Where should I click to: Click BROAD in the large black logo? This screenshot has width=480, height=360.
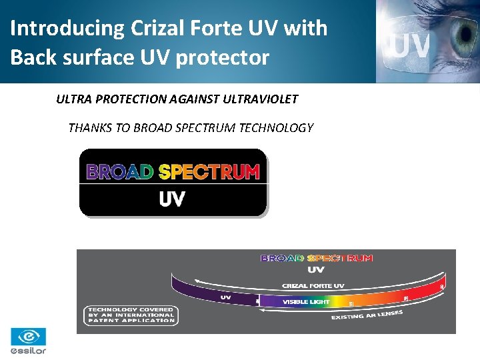[121, 173]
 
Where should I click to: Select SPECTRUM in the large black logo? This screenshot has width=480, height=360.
[209, 173]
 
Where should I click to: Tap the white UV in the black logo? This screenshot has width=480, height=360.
[172, 199]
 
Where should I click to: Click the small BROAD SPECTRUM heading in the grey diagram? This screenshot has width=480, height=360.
[316, 258]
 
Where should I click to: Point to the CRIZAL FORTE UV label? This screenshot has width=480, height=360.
[313, 286]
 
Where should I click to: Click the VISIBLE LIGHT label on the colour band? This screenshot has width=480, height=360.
[306, 302]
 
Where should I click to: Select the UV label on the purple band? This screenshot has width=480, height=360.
[225, 297]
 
